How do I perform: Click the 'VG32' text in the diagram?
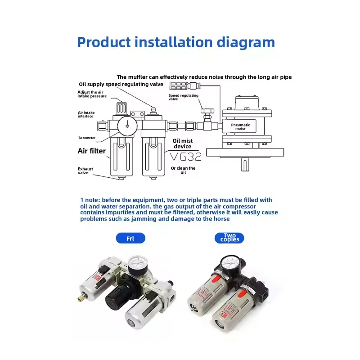point(185,156)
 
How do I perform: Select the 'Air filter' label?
point(91,151)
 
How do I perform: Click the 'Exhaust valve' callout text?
point(85,171)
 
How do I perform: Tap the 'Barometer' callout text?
point(86,138)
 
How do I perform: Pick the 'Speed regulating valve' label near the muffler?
point(177,98)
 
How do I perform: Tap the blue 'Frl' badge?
point(130,238)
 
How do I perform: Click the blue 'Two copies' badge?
point(229,238)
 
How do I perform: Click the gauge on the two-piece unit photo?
point(229,263)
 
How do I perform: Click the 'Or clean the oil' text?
point(183,170)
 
